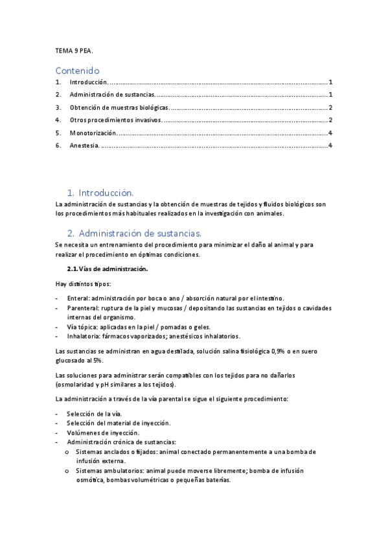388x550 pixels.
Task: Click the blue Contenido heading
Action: point(77,70)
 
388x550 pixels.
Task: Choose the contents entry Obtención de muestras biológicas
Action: point(119,108)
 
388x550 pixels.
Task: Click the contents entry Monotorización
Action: point(93,133)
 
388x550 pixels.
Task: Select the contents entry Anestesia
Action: point(84,145)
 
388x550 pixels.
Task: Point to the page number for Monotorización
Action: point(330,133)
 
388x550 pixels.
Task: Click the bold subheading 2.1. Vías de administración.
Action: point(108,269)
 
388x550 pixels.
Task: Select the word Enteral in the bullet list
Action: point(78,298)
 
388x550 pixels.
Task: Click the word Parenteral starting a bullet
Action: point(82,307)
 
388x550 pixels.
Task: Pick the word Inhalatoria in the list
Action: point(83,336)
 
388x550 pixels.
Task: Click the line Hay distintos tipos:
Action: point(83,283)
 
